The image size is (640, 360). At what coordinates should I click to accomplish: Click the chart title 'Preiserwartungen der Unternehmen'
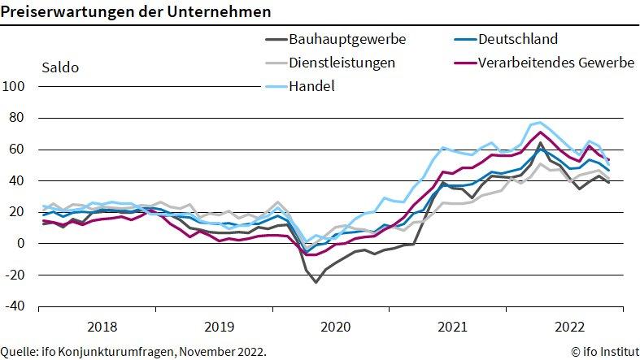click(136, 14)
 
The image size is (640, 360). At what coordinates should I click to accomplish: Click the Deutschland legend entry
click(518, 39)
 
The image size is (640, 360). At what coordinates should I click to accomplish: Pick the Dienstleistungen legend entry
click(342, 63)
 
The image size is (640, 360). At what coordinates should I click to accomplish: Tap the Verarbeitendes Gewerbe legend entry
click(555, 63)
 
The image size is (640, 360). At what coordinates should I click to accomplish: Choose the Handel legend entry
click(311, 85)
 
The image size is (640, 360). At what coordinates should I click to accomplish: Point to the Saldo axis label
click(59, 67)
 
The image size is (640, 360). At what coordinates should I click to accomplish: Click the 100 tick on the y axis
click(15, 86)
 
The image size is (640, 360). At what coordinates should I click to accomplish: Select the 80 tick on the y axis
click(18, 118)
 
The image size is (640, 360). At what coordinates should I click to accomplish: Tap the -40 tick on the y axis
click(16, 306)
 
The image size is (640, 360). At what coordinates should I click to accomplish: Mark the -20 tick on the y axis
click(16, 275)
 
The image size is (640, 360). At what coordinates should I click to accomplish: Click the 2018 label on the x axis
click(101, 327)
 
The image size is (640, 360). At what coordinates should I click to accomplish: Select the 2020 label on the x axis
click(335, 327)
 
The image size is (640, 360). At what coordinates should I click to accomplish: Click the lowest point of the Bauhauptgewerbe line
click(316, 282)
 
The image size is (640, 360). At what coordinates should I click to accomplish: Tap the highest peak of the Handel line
click(540, 123)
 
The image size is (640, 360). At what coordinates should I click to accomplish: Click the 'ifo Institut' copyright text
click(601, 352)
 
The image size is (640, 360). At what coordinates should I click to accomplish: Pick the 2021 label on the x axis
click(452, 327)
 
